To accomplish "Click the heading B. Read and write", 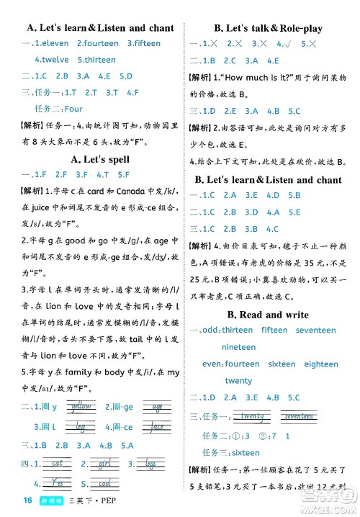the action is coord(268,315).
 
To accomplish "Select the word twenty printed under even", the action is coord(239,380).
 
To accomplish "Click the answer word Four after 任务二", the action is coord(73,109).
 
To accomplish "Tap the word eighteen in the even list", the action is coord(321,364).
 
